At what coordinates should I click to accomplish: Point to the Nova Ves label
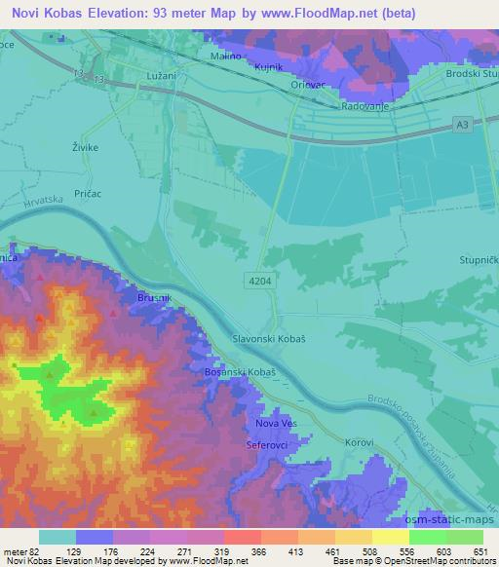click(274, 424)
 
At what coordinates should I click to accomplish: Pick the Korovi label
click(360, 442)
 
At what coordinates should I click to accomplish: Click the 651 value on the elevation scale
click(478, 551)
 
